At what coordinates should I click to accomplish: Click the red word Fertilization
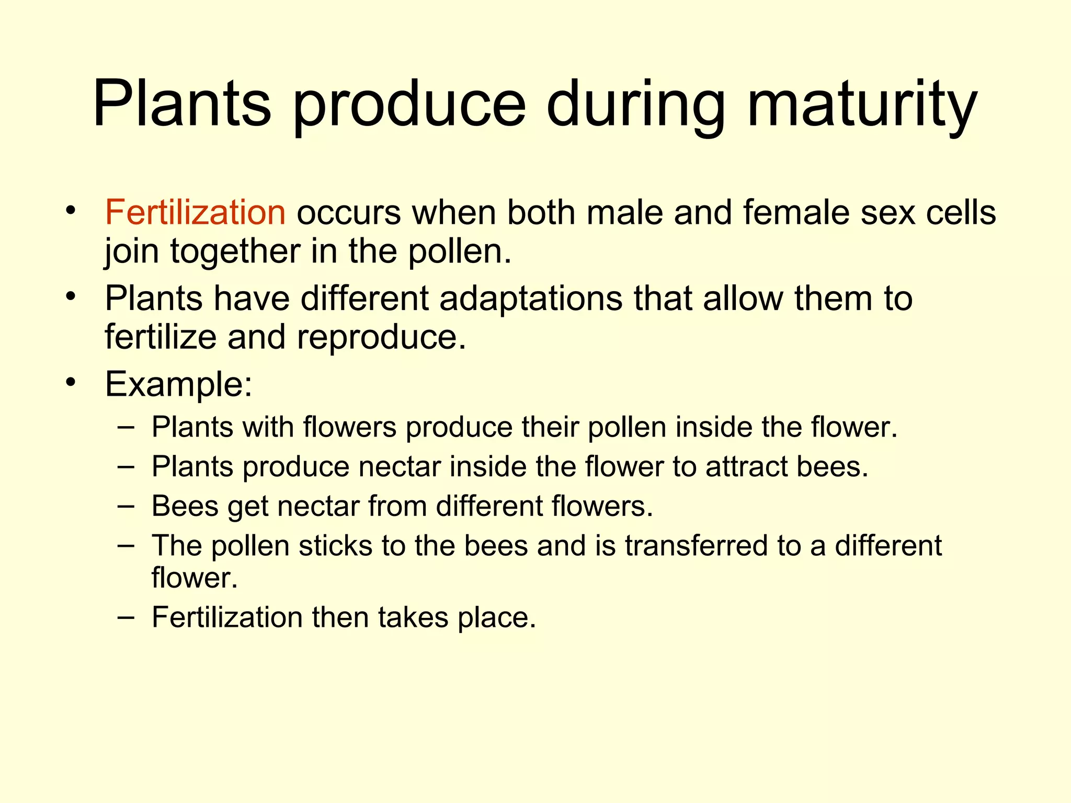tap(195, 213)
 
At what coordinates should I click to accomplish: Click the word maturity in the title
tap(862, 105)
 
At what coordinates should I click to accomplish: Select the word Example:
tap(179, 384)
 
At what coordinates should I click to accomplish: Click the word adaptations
tap(531, 299)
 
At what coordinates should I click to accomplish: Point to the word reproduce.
tap(381, 337)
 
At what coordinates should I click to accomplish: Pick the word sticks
tap(335, 546)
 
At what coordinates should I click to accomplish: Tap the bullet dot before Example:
tap(71, 383)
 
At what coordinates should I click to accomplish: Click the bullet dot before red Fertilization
tap(71, 212)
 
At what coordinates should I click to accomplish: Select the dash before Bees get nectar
tap(126, 506)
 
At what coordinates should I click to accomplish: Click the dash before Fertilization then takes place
tap(126, 617)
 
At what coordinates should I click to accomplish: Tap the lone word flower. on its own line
tap(195, 578)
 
